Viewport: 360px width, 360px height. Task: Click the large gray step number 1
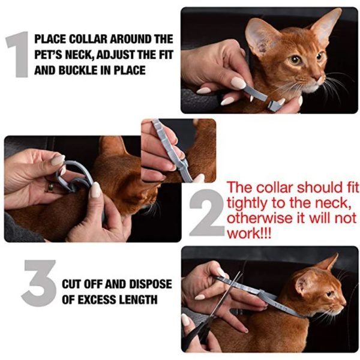pos(19,54)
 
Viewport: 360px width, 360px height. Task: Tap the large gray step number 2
pos(207,212)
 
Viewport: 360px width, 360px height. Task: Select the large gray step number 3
pos(39,283)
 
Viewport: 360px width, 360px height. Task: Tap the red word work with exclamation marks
pos(249,234)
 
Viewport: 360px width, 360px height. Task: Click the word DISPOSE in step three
pos(150,284)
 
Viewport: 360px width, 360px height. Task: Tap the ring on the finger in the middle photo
pos(50,187)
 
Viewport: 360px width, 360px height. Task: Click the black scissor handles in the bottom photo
pos(197,332)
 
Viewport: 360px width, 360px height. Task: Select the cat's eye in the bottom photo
pos(330,293)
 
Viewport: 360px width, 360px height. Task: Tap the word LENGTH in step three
pos(139,299)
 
